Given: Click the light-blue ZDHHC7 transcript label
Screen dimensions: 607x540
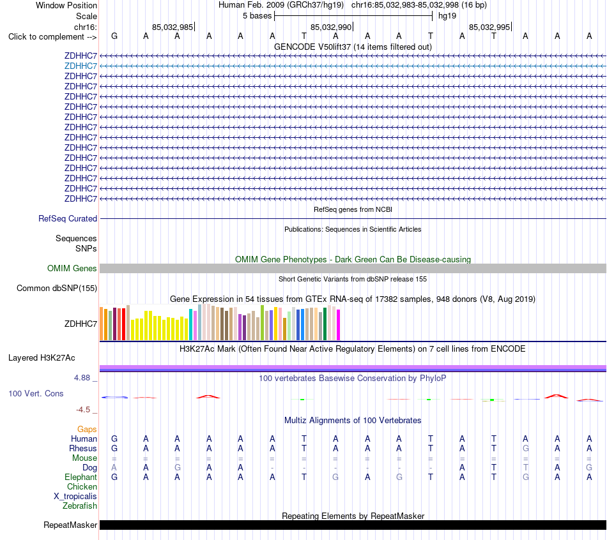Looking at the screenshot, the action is point(81,66).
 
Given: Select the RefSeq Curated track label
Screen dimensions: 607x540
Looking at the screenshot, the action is point(68,218).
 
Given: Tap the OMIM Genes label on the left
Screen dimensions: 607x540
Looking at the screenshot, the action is point(72,269).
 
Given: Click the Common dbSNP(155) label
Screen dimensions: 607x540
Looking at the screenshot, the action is point(57,288).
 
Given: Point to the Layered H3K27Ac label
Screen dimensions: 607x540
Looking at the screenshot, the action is point(42,358).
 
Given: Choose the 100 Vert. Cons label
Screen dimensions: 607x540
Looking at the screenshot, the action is point(36,393).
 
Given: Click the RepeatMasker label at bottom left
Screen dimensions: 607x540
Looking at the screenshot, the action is point(70,525).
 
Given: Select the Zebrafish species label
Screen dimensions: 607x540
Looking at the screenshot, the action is point(80,506).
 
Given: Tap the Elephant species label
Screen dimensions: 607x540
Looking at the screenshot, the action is point(81,477).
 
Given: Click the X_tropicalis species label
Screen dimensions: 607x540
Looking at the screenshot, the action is point(75,497).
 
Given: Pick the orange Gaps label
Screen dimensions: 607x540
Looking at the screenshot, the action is point(87,429).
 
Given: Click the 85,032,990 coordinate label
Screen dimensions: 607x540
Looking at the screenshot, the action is point(331,27).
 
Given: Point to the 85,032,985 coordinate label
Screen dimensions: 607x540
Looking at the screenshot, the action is point(173,27).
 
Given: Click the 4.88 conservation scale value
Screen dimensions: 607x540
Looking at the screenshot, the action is point(82,377).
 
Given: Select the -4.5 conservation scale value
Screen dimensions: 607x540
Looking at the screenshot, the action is point(83,409).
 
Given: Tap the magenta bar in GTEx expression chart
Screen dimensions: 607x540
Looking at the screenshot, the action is point(339,325).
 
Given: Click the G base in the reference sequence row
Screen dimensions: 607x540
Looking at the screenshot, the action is point(114,36).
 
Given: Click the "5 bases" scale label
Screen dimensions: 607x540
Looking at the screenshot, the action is point(257,16).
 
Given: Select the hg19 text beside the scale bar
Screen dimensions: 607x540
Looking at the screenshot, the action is point(447,16).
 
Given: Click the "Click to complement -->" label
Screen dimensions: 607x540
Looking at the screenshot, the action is point(52,37).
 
